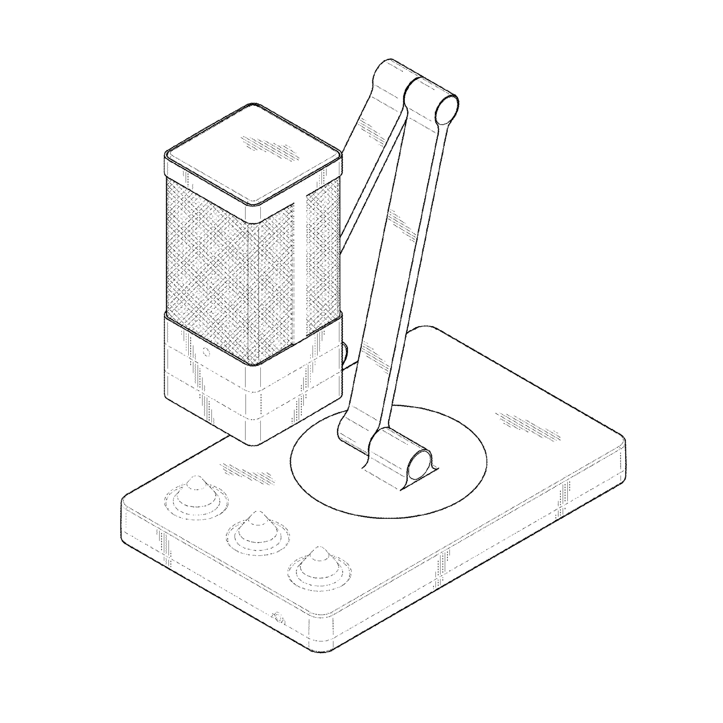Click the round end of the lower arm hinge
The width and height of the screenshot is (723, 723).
click(x=420, y=464)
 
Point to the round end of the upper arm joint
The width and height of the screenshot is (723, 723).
click(x=447, y=107)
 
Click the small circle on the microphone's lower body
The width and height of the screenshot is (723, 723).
click(x=206, y=352)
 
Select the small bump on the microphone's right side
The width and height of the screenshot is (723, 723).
click(x=345, y=352)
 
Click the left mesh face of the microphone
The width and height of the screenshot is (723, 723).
click(x=207, y=264)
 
